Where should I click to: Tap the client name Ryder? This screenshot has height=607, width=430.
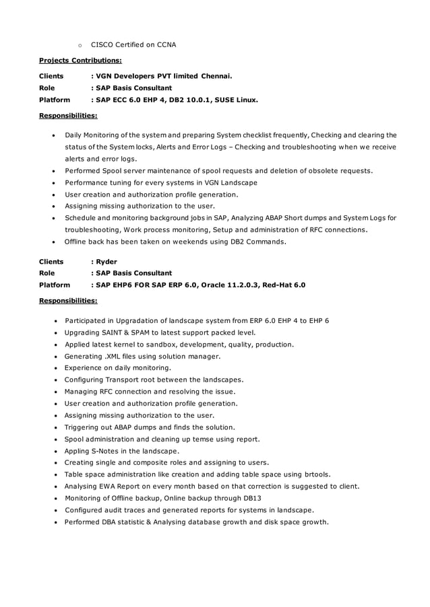tap(106, 261)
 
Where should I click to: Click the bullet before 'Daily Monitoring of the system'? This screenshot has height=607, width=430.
tap(54, 135)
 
